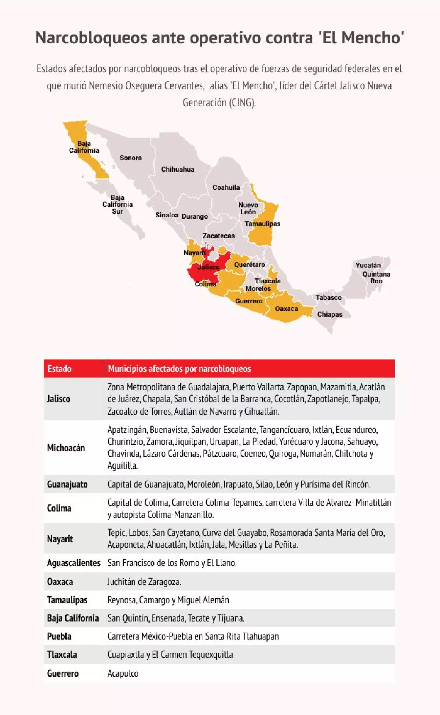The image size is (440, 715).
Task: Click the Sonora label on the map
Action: click(131, 158)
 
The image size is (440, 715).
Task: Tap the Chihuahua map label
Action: click(178, 169)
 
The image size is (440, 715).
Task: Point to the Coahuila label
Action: click(226, 187)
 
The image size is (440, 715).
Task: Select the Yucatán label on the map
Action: click(368, 265)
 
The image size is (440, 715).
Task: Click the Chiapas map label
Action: click(329, 314)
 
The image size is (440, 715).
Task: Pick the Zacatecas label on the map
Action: click(219, 236)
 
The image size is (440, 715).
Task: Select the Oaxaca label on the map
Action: click(286, 309)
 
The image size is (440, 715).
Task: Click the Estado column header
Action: click(60, 369)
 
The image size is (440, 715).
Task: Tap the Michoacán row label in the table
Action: click(66, 448)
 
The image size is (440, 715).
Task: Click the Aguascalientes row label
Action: click(74, 563)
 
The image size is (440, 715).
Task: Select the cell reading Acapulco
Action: click(123, 673)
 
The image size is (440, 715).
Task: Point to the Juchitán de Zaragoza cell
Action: click(144, 581)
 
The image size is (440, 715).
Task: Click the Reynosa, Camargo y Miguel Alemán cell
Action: click(168, 600)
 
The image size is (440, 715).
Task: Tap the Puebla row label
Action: click(59, 636)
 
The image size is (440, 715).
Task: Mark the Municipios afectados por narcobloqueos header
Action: click(179, 369)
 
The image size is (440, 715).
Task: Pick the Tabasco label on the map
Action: click(329, 297)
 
